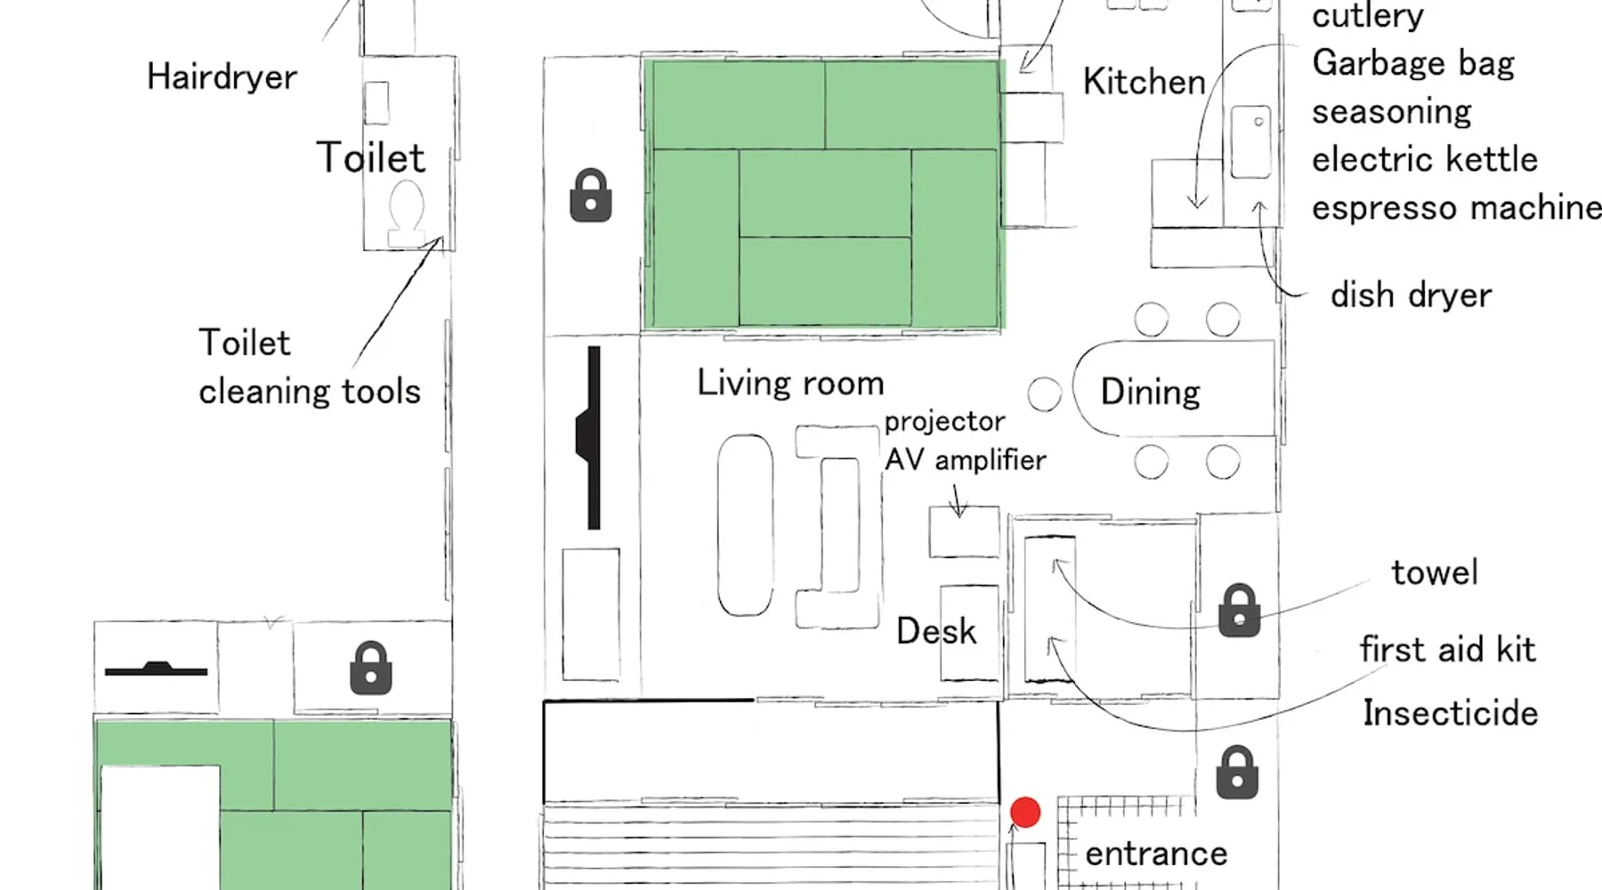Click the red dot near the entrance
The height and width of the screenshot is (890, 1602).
(x=1025, y=812)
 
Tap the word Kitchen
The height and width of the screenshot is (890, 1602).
(x=1144, y=82)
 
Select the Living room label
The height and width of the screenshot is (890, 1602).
(x=790, y=383)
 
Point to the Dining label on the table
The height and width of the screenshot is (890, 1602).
(x=1150, y=392)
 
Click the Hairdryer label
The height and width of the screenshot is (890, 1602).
(x=222, y=77)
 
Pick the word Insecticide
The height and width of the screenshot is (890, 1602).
(x=1450, y=713)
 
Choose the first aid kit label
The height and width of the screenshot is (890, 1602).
(x=1447, y=650)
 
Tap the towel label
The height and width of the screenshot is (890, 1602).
(x=1434, y=572)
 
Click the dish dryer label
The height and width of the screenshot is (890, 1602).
(x=1411, y=295)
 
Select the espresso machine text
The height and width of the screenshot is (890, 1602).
(x=1456, y=207)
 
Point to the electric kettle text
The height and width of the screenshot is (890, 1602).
(x=1424, y=159)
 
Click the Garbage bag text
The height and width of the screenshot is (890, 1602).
(x=1412, y=63)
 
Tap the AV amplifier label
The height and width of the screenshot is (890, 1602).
(x=965, y=459)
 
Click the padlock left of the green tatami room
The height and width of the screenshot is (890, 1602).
(x=590, y=195)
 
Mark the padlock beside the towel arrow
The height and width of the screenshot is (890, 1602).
(x=1239, y=610)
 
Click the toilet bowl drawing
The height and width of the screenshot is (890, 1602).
(x=407, y=212)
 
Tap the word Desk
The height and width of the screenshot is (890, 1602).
(x=935, y=631)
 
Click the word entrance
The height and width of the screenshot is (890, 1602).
(x=1156, y=854)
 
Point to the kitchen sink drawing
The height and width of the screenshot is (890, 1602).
(x=1250, y=142)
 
